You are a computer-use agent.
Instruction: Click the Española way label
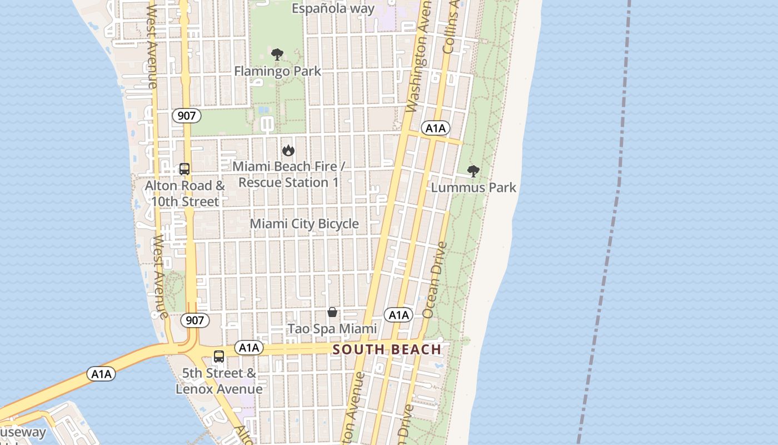click(x=333, y=8)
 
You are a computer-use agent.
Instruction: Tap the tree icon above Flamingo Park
click(x=277, y=55)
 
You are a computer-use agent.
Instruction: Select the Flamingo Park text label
click(x=277, y=71)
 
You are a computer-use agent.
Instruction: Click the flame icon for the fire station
click(x=288, y=150)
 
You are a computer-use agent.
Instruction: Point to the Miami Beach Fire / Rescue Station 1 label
click(x=288, y=174)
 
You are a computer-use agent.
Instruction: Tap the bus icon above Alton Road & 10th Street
click(x=184, y=169)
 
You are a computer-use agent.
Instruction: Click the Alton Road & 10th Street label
click(x=185, y=194)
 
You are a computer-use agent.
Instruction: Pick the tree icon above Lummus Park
click(x=473, y=171)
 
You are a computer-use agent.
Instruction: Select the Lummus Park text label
click(x=473, y=187)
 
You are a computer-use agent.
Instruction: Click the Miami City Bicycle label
click(x=304, y=224)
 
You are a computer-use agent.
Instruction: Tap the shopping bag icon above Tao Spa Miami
click(x=332, y=312)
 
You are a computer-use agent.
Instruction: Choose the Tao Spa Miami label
click(x=332, y=329)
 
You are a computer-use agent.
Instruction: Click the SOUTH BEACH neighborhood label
click(x=387, y=350)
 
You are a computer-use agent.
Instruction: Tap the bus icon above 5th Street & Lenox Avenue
click(x=219, y=357)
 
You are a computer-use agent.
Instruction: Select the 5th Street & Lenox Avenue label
click(x=219, y=381)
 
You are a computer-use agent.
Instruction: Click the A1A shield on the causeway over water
click(x=101, y=374)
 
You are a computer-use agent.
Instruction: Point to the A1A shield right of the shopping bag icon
click(x=398, y=315)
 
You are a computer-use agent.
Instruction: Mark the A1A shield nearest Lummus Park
click(x=435, y=128)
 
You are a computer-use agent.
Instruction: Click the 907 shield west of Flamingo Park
click(x=186, y=116)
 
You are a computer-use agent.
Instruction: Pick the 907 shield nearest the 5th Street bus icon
click(x=194, y=320)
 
